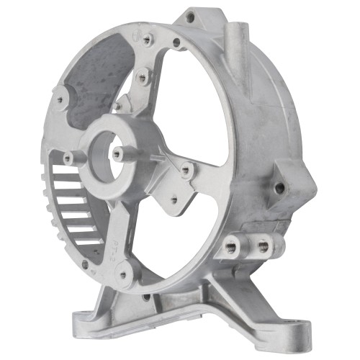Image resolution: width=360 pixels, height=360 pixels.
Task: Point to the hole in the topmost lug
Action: (x=190, y=17)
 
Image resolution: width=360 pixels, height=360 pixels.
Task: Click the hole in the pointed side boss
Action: (x=279, y=188)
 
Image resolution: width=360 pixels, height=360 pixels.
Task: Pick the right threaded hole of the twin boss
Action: (x=263, y=246)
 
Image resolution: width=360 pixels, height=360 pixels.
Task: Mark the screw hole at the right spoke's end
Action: (x=186, y=171)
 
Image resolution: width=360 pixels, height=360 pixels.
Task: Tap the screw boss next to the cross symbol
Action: (x=148, y=40)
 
